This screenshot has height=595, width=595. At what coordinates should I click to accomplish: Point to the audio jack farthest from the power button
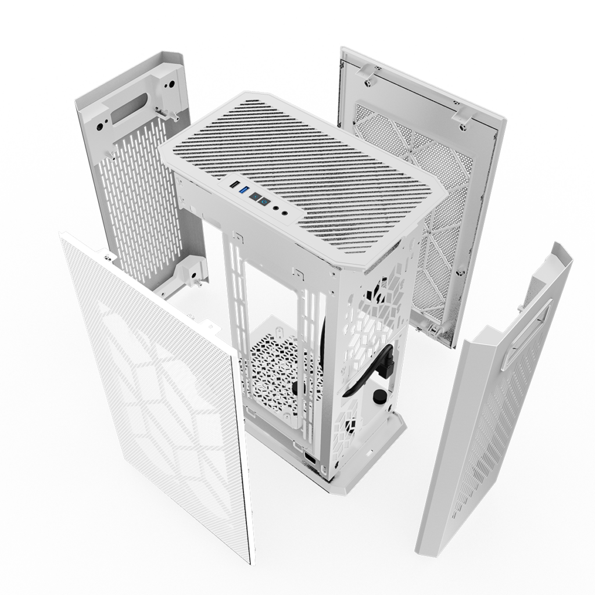click(285, 213)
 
